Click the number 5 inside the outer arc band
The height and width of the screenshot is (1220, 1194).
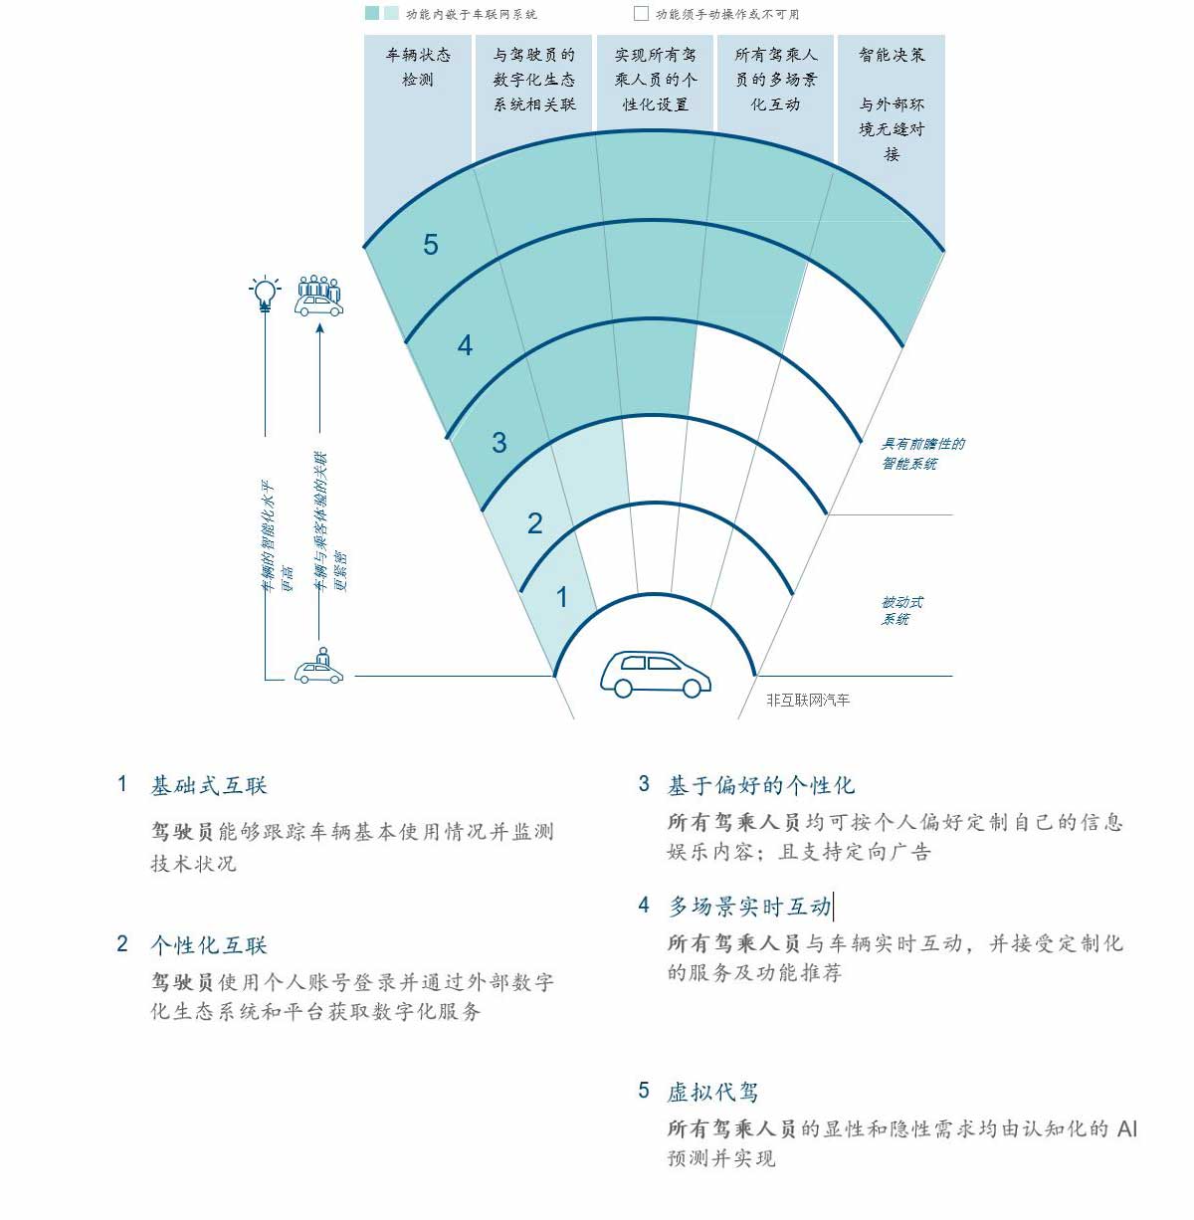point(431,245)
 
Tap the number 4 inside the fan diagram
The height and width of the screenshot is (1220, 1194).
point(465,345)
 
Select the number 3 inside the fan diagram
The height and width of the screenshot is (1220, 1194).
point(498,443)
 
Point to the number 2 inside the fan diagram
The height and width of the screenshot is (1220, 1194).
point(535,523)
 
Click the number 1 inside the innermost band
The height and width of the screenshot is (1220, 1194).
point(561,597)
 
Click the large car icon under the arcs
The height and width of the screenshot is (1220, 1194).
point(656,674)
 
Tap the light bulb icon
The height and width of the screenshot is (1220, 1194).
point(265,294)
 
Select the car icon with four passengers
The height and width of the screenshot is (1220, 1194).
point(319,296)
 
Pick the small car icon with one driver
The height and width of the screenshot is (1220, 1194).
point(319,666)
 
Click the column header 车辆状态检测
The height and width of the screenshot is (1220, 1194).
point(418,67)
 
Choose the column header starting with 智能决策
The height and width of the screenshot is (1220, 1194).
point(892,104)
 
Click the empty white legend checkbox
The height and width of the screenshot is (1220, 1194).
point(641,13)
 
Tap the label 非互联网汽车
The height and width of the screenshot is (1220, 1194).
point(808,700)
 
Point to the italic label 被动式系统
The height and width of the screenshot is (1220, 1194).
point(901,610)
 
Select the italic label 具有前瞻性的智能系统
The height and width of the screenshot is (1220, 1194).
point(922,454)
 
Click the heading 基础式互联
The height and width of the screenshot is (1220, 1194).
point(209,786)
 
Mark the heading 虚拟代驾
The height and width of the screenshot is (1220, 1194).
point(712,1092)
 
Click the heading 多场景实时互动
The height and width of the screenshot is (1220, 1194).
point(749,907)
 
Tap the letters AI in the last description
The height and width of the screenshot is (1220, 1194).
point(1127,1128)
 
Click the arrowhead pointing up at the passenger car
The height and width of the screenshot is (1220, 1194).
point(319,328)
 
